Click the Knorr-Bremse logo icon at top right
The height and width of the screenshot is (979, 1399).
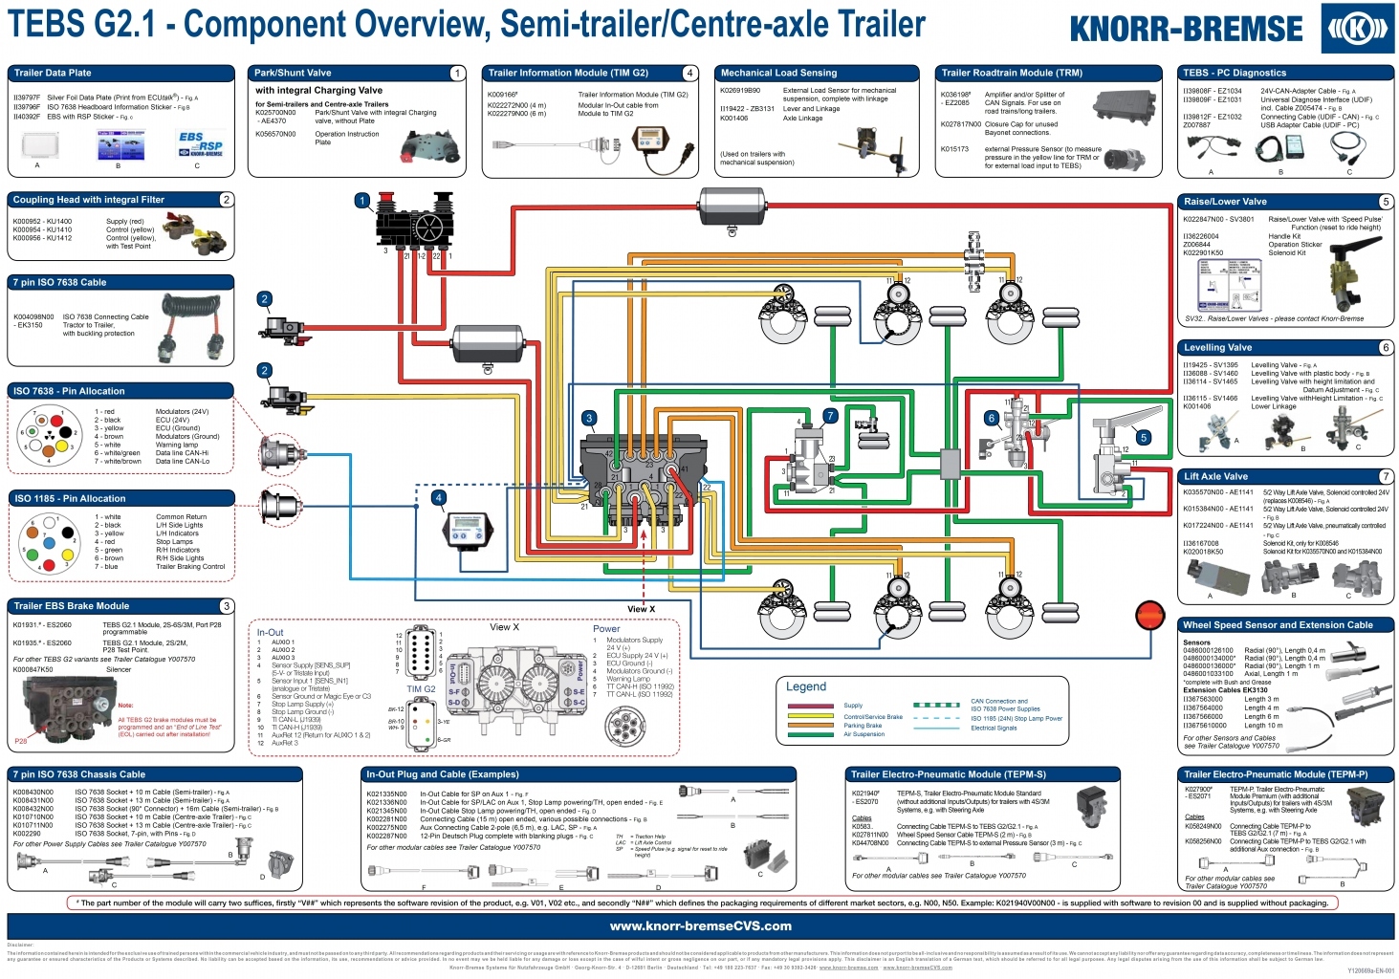pos(1357,29)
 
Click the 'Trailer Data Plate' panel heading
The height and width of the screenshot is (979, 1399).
pos(53,73)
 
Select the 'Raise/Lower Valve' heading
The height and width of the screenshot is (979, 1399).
pos(1225,202)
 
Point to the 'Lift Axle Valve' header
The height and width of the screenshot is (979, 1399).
pos(1215,476)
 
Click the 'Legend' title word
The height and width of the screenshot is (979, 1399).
pos(805,686)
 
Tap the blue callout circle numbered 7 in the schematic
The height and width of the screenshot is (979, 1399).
pos(830,416)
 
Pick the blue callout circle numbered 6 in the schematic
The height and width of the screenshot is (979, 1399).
pos(992,418)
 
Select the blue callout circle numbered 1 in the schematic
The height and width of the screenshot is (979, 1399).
pos(362,201)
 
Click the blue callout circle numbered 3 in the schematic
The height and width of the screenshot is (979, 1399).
pos(589,418)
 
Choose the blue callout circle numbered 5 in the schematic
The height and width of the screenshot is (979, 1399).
pos(1143,438)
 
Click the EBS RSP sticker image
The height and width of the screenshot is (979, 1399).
pos(201,144)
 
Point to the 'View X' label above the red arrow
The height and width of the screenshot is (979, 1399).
pos(641,609)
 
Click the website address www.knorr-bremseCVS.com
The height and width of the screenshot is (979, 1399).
pos(700,925)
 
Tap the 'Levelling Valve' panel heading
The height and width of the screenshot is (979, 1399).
pos(1217,348)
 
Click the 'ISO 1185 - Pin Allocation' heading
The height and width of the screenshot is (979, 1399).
pos(70,498)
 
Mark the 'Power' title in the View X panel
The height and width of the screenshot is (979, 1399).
pos(606,629)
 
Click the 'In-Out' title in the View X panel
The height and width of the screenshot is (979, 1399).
pos(270,632)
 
